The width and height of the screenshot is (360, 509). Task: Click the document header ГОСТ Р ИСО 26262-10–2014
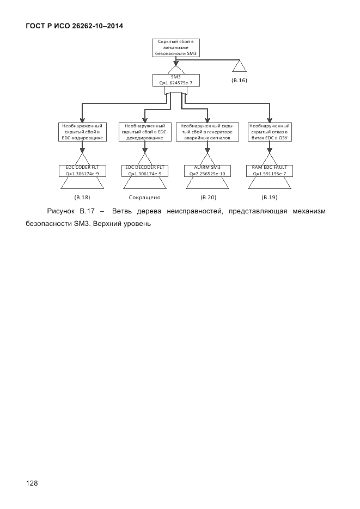74,26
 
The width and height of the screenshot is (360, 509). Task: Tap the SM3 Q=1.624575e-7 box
175,80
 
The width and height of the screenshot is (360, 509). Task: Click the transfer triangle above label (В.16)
239,66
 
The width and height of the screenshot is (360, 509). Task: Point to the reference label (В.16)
239,81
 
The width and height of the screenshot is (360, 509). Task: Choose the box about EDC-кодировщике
82,132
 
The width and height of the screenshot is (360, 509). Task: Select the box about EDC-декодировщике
144,132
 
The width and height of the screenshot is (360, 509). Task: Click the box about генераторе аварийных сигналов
206,132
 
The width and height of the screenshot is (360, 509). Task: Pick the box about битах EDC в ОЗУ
269,132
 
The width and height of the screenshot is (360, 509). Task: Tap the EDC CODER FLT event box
82,170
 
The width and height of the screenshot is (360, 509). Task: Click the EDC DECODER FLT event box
144,170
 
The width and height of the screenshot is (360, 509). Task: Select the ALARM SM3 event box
206,170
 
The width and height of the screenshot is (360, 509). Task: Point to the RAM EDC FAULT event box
269,170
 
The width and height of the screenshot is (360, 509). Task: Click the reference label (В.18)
82,197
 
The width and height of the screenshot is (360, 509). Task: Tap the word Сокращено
144,197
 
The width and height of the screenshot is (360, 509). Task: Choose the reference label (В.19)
269,197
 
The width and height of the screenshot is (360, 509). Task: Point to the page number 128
32,482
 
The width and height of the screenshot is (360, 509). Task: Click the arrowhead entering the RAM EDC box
269,120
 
